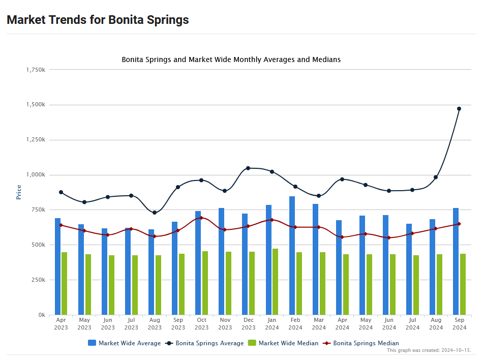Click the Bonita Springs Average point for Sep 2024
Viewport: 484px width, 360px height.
(459, 109)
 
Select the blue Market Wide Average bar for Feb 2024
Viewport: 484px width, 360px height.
(292, 255)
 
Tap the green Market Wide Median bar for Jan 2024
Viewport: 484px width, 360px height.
(275, 281)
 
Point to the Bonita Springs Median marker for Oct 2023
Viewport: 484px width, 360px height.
(201, 218)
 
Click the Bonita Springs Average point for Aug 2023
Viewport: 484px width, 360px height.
(155, 213)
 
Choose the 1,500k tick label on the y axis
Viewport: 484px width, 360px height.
(37, 105)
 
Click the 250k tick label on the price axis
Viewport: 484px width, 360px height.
(39, 280)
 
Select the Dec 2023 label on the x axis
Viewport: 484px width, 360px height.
(249, 324)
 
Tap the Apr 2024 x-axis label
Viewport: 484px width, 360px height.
(342, 324)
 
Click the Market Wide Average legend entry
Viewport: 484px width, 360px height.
(124, 343)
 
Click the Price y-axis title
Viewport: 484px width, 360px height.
(19, 192)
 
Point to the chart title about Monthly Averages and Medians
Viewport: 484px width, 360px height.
(231, 59)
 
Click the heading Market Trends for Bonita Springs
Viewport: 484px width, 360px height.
(98, 20)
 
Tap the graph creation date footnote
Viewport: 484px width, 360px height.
(429, 350)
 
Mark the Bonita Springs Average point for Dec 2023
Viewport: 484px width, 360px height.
(248, 168)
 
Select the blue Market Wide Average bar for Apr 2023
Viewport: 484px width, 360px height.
(58, 266)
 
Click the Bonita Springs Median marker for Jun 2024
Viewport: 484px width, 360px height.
(389, 237)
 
